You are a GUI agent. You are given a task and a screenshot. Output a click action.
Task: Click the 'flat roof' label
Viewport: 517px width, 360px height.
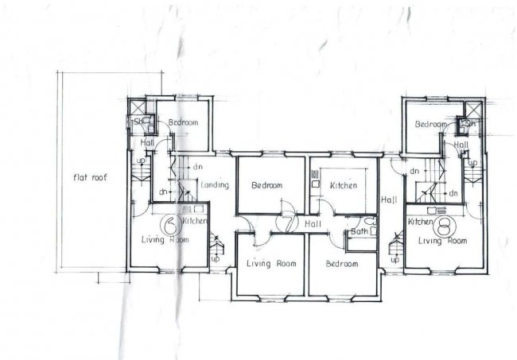[x=90, y=177]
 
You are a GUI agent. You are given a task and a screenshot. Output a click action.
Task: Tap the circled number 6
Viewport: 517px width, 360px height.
[x=169, y=223]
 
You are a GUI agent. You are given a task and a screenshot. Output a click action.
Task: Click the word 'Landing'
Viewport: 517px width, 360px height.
[x=216, y=185]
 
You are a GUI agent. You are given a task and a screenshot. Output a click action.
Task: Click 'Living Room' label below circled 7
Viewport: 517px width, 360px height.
[x=271, y=264]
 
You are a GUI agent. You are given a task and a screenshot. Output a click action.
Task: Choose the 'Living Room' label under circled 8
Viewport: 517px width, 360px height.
[x=442, y=240]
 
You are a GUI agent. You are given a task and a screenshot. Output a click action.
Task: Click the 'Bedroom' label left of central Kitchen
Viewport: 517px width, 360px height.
[x=266, y=186]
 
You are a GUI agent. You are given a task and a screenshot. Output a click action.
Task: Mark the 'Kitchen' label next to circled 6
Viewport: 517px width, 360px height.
[x=196, y=220]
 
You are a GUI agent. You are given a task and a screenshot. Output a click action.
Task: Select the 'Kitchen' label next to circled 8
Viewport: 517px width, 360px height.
[x=419, y=223]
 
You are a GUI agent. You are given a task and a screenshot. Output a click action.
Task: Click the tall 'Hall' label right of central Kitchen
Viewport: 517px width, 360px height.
[x=389, y=199]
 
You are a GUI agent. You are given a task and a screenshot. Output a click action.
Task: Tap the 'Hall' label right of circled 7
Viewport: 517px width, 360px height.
[x=312, y=225]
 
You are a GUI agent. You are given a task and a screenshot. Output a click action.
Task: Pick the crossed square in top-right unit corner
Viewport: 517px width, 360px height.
[x=472, y=109]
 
